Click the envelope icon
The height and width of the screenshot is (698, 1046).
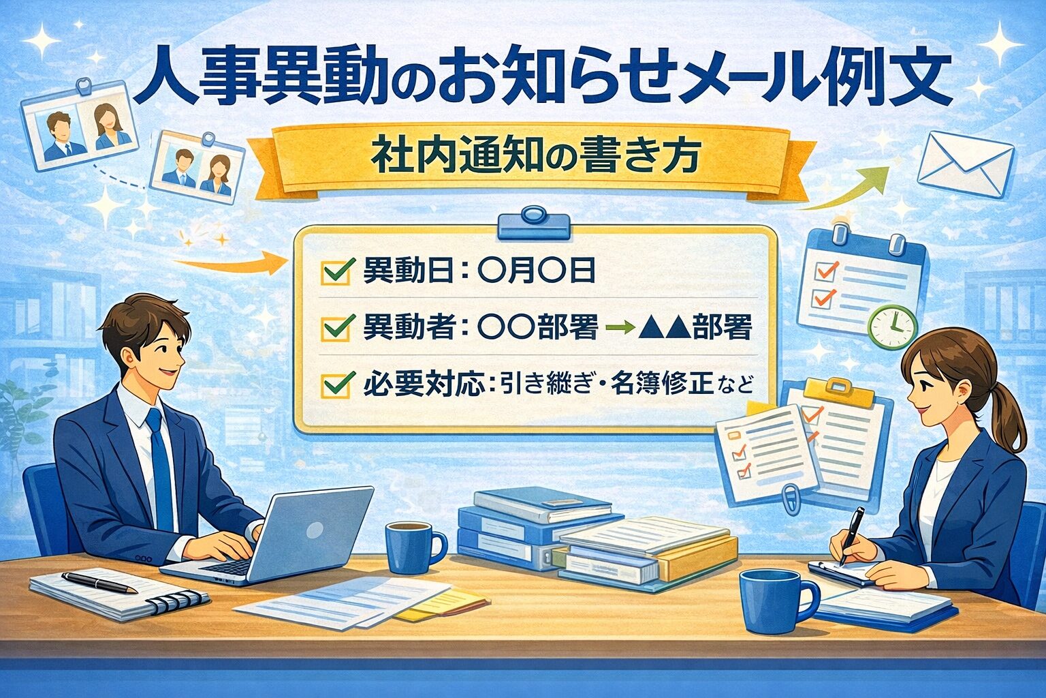[965, 163]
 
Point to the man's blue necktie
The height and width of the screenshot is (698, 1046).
[161, 470]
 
